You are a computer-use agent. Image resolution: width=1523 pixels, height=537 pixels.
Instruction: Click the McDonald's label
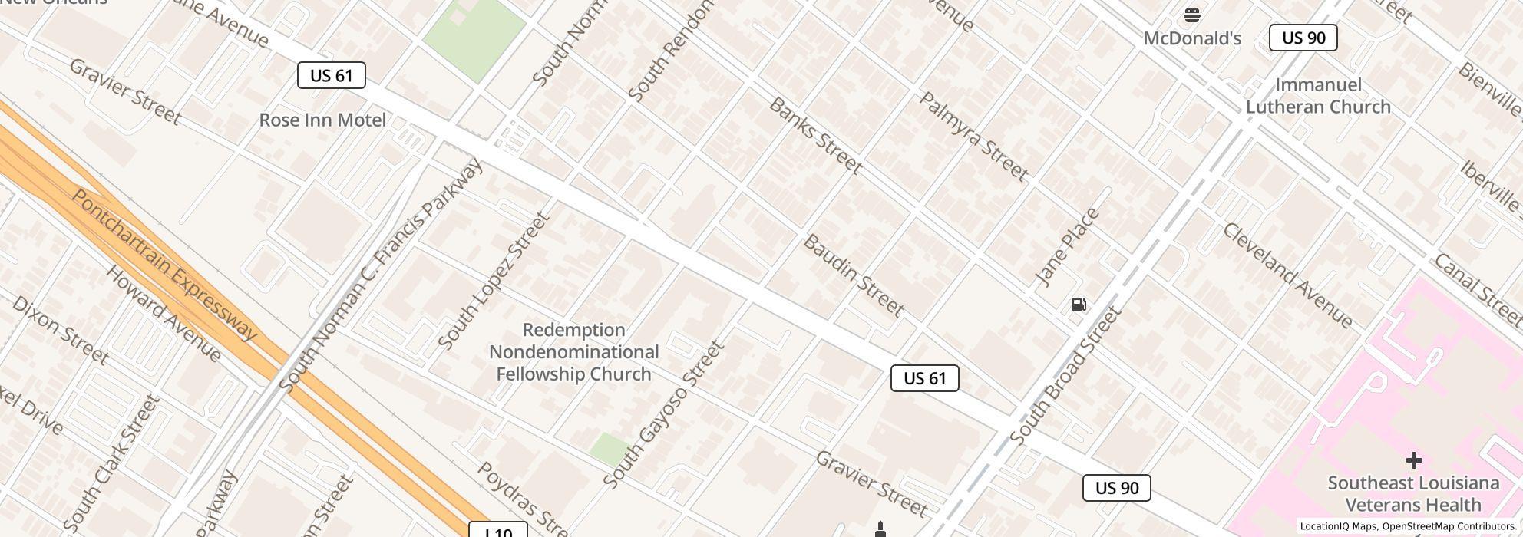(1191, 38)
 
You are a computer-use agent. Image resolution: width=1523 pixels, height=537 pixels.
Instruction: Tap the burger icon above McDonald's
(1191, 15)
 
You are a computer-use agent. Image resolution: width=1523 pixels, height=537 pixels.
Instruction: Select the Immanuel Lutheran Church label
(1318, 96)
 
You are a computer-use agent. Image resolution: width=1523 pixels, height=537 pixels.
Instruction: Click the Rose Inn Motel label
(322, 120)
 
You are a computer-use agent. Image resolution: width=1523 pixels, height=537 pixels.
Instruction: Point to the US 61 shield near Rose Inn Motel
(331, 75)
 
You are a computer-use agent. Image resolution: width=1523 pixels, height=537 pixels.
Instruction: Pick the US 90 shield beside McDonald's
(1303, 38)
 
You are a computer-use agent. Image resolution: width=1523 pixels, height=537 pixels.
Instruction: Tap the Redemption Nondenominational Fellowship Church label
(573, 352)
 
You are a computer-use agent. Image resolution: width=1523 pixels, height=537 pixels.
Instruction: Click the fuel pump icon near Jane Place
(1079, 305)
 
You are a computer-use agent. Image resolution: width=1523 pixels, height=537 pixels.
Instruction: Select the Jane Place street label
(1067, 247)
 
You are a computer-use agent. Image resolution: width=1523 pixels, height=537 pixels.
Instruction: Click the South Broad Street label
(1065, 376)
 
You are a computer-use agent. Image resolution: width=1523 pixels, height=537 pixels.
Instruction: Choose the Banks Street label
(815, 135)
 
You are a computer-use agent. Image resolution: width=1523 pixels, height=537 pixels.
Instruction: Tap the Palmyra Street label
(973, 137)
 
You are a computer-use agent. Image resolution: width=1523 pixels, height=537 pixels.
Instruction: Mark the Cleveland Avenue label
(1287, 275)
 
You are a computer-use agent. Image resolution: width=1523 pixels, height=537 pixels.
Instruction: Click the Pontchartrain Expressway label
(164, 264)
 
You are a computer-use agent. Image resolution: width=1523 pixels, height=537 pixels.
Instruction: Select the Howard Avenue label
(164, 314)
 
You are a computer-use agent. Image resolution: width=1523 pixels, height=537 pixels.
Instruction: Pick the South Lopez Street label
(494, 281)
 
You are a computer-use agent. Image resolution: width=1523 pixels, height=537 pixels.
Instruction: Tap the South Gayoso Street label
(664, 414)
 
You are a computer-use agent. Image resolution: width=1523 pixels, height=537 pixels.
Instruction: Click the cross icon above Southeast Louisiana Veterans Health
(1413, 460)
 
